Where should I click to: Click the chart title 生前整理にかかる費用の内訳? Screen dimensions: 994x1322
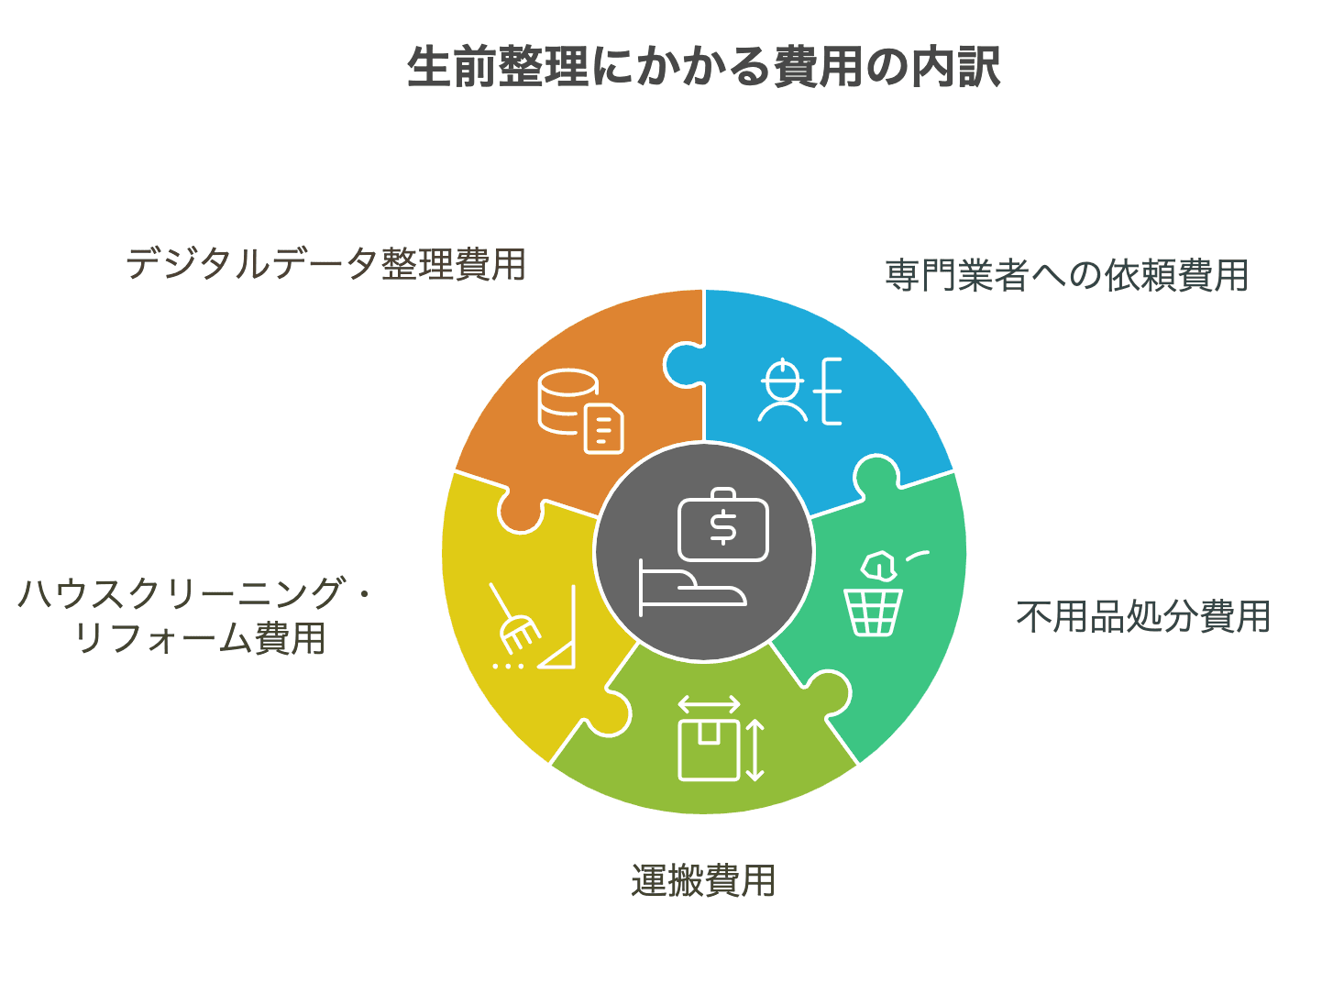coord(704,67)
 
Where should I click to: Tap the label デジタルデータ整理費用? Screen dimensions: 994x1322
coord(325,264)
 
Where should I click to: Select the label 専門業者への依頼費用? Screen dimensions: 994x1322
coord(1067,275)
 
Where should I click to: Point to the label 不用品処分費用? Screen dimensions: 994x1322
coord(1143,616)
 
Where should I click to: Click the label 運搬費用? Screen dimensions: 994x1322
coord(703,880)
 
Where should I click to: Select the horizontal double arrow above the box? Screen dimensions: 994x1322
coord(709,704)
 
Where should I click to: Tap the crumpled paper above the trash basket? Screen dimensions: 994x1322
coord(877,565)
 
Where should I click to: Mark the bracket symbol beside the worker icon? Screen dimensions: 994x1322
coord(830,392)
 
